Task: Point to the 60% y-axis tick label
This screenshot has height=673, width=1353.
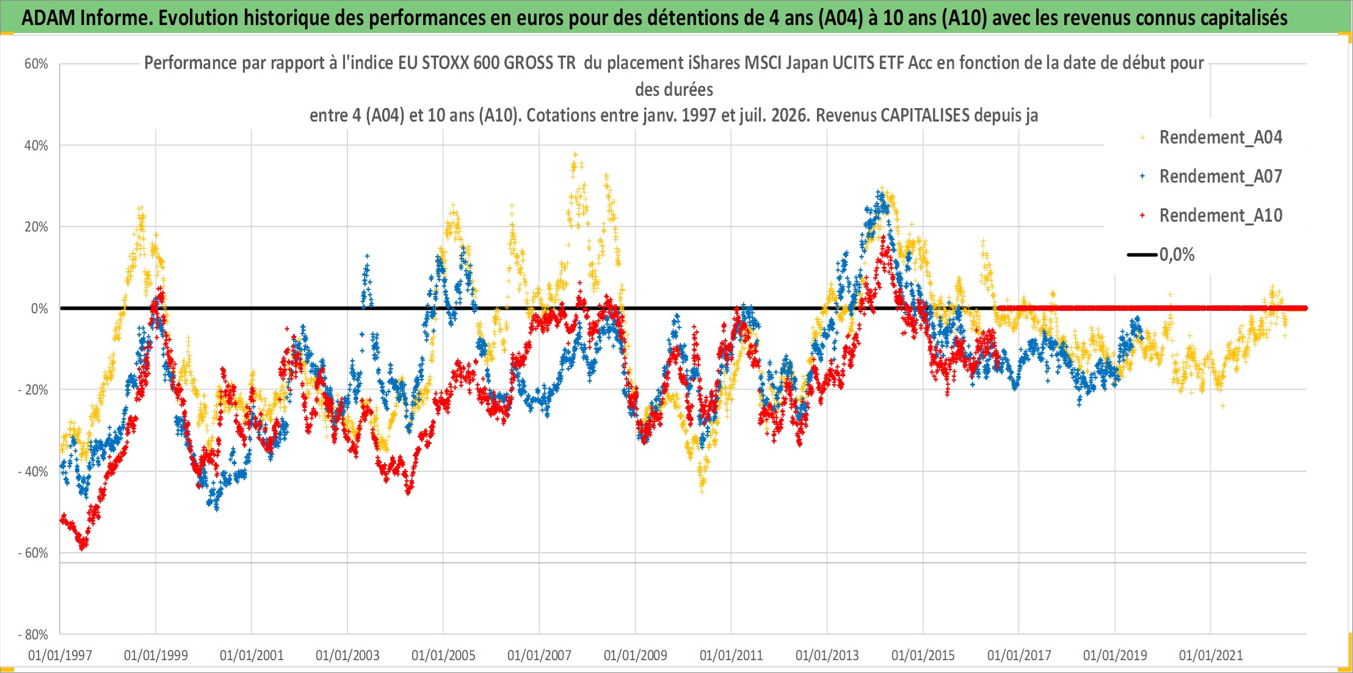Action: [36, 64]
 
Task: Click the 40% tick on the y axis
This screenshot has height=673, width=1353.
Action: [36, 145]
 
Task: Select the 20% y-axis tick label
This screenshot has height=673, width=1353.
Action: [36, 227]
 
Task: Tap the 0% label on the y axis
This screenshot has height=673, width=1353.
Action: [40, 309]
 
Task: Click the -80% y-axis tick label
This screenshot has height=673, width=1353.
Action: [33, 635]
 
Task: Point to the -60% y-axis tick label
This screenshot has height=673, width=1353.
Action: [33, 553]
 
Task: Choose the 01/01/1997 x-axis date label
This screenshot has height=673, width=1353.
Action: [60, 656]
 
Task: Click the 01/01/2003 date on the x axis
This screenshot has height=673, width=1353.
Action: [347, 656]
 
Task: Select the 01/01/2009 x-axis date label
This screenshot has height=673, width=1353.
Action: [636, 656]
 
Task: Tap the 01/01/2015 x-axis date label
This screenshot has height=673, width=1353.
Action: [923, 656]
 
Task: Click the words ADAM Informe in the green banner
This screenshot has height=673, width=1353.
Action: [86, 18]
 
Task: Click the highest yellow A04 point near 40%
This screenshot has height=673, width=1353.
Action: [575, 155]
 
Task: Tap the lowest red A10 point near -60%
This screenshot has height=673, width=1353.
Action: [82, 548]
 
